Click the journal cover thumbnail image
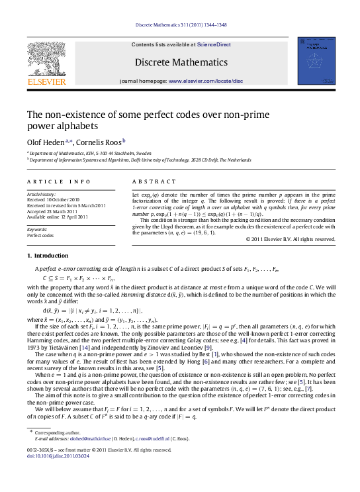316,61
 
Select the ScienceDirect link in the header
212,44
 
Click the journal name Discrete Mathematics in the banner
181,62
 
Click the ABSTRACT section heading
154,181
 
